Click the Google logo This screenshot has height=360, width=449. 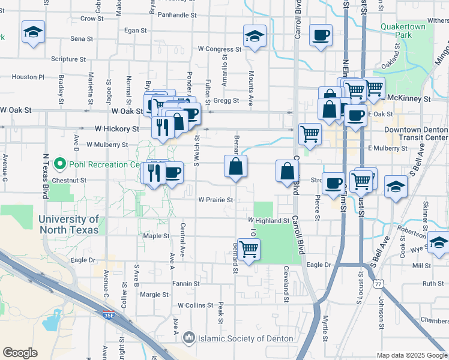[x=20, y=353]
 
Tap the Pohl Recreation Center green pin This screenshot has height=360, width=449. [x=59, y=164]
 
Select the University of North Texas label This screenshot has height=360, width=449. [x=69, y=224]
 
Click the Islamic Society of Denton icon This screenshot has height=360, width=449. [x=190, y=338]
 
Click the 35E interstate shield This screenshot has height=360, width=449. [x=108, y=314]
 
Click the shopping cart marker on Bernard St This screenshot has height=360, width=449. [x=249, y=250]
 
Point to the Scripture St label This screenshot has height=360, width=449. [x=69, y=59]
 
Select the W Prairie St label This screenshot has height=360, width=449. [x=215, y=199]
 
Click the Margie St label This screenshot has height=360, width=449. [x=154, y=295]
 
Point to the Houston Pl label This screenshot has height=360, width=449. [x=28, y=77]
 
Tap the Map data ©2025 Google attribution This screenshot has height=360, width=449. [x=412, y=355]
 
